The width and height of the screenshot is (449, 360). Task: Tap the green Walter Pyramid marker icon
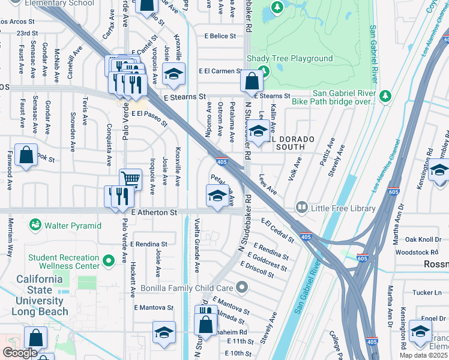pyautogui.click(x=35, y=226)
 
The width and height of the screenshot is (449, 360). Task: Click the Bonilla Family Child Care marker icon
pyautogui.click(x=241, y=288)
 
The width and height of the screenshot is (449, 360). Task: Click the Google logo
pyautogui.click(x=20, y=353)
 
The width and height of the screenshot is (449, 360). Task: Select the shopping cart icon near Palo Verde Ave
pyautogui.click(x=130, y=179)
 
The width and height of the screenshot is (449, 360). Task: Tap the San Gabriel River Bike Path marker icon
pyautogui.click(x=384, y=96)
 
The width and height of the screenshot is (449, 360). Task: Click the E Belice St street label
pyautogui.click(x=220, y=36)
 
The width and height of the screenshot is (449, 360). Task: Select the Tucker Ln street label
pyautogui.click(x=426, y=292)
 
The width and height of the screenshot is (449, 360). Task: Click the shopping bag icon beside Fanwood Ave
pyautogui.click(x=26, y=155)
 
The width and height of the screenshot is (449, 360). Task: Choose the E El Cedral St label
pyautogui.click(x=277, y=230)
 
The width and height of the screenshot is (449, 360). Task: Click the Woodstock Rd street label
pyautogui.click(x=421, y=253)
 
